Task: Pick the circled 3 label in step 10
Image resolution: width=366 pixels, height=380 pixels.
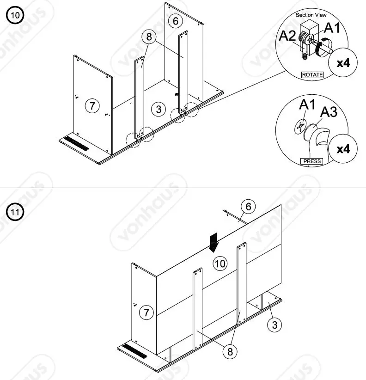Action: (x=159, y=109)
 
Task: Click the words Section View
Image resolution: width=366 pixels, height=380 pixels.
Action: (x=311, y=15)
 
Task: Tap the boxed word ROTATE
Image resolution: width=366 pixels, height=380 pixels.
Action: (x=312, y=74)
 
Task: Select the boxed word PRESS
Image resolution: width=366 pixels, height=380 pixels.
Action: (x=312, y=162)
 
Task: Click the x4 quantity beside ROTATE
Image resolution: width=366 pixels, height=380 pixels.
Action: (x=343, y=62)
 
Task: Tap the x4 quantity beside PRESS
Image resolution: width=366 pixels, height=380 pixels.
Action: (x=343, y=149)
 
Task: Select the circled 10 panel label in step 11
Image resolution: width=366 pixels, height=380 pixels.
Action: (x=220, y=264)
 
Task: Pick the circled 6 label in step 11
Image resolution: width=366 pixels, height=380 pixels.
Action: (x=248, y=207)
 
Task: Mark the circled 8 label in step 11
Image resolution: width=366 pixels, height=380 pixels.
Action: (x=229, y=352)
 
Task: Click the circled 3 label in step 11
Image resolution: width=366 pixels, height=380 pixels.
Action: (x=275, y=325)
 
